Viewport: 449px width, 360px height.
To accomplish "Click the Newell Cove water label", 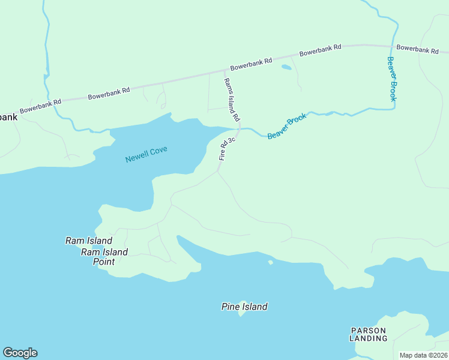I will pos(146,154).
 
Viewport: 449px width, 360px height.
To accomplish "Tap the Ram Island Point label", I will pos(104,256).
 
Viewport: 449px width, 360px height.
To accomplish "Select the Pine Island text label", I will pos(244,307).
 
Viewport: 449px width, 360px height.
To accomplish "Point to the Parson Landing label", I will pos(369,334).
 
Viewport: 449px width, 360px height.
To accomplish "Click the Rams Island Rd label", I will pos(232,100).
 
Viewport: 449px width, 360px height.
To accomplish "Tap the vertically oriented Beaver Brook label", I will pos(391,79).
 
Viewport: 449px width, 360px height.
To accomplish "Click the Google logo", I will pos(20,353).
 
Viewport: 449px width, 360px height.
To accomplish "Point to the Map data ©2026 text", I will pos(423,355).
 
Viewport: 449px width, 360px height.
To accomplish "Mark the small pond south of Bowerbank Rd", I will pos(286,67).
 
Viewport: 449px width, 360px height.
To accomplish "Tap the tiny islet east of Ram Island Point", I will pos(271,262).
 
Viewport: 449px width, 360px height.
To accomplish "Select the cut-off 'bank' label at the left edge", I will pos(8,117).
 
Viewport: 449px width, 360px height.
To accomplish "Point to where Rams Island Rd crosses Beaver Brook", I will pos(240,128).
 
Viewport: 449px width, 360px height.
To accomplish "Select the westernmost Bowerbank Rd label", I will pos(40,106).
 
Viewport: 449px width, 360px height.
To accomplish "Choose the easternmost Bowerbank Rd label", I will pos(417,49).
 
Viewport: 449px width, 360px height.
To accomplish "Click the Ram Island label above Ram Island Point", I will pos(88,241).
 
